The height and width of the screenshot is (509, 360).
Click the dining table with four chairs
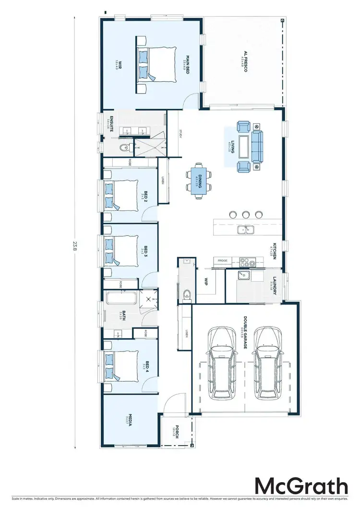198,180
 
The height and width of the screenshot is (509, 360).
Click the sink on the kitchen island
246,230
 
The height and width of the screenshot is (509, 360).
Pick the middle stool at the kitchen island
246,214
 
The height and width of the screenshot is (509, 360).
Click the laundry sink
244,276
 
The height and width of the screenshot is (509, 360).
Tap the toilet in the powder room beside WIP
186,293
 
